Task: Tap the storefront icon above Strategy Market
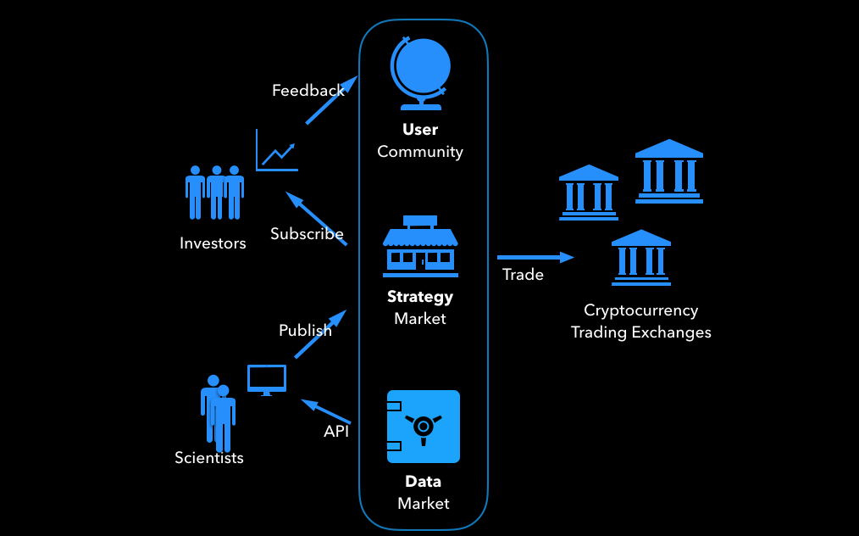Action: [x=420, y=248]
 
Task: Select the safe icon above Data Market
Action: [x=423, y=427]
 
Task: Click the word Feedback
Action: [x=308, y=90]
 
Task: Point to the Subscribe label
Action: [x=307, y=234]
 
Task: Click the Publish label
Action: [x=305, y=331]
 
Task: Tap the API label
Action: [x=336, y=432]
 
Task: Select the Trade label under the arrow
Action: [x=523, y=275]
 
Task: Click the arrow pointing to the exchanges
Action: [x=535, y=256]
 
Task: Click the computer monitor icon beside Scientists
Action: [x=266, y=379]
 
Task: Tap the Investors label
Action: [x=213, y=243]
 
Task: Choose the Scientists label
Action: [x=209, y=458]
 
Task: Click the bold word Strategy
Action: [x=420, y=297]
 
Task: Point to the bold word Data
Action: [x=423, y=482]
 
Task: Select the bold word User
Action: [x=420, y=130]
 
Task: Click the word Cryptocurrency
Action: [x=640, y=310]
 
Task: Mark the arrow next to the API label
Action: [x=326, y=411]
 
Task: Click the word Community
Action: [x=420, y=152]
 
